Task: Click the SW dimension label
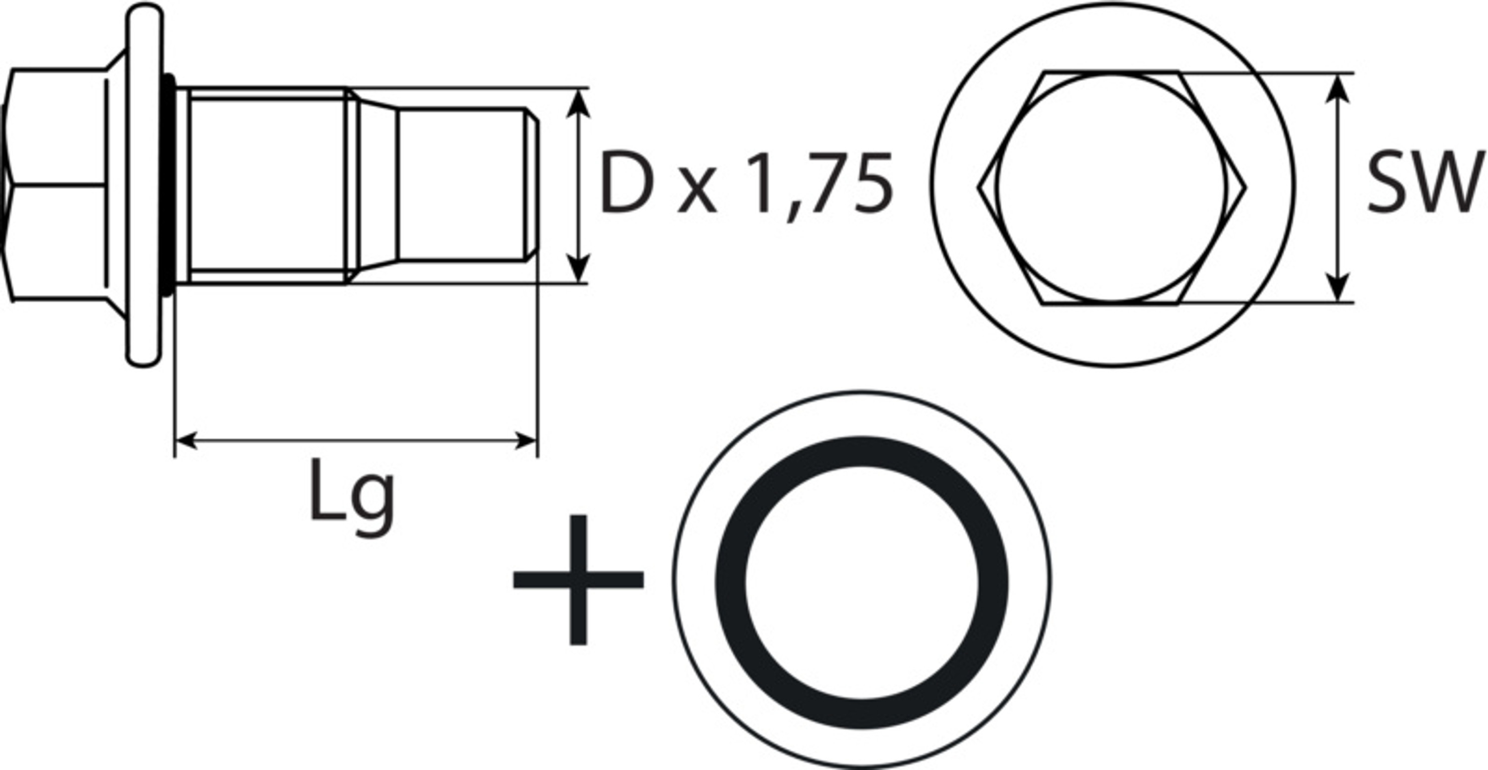pos(1426,183)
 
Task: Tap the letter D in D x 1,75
pos(627,183)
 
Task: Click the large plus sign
pos(578,580)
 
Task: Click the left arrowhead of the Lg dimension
pos(186,441)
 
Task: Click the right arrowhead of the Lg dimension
pos(526,441)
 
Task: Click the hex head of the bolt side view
pos(58,185)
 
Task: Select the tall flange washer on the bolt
pos(144,185)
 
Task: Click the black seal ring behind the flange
pos(168,185)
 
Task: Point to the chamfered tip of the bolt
pos(533,185)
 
